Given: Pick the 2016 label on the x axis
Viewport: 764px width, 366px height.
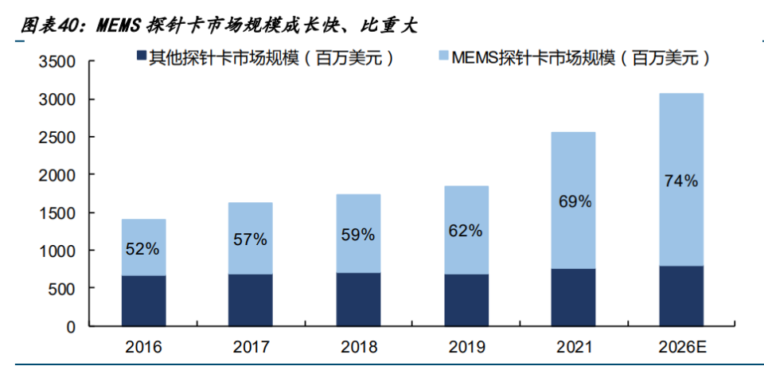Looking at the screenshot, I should coord(143,348).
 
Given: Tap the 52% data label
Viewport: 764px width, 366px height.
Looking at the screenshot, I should coord(143,248).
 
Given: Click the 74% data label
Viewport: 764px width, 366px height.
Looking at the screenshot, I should coord(680,181).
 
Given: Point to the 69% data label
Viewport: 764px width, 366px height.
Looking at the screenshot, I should coord(574,202).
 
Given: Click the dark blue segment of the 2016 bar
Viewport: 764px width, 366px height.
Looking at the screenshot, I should coord(143,301).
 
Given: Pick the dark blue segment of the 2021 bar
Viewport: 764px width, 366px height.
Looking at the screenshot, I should coord(573,298).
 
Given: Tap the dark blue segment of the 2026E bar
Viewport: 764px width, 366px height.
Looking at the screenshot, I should coord(680,296).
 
